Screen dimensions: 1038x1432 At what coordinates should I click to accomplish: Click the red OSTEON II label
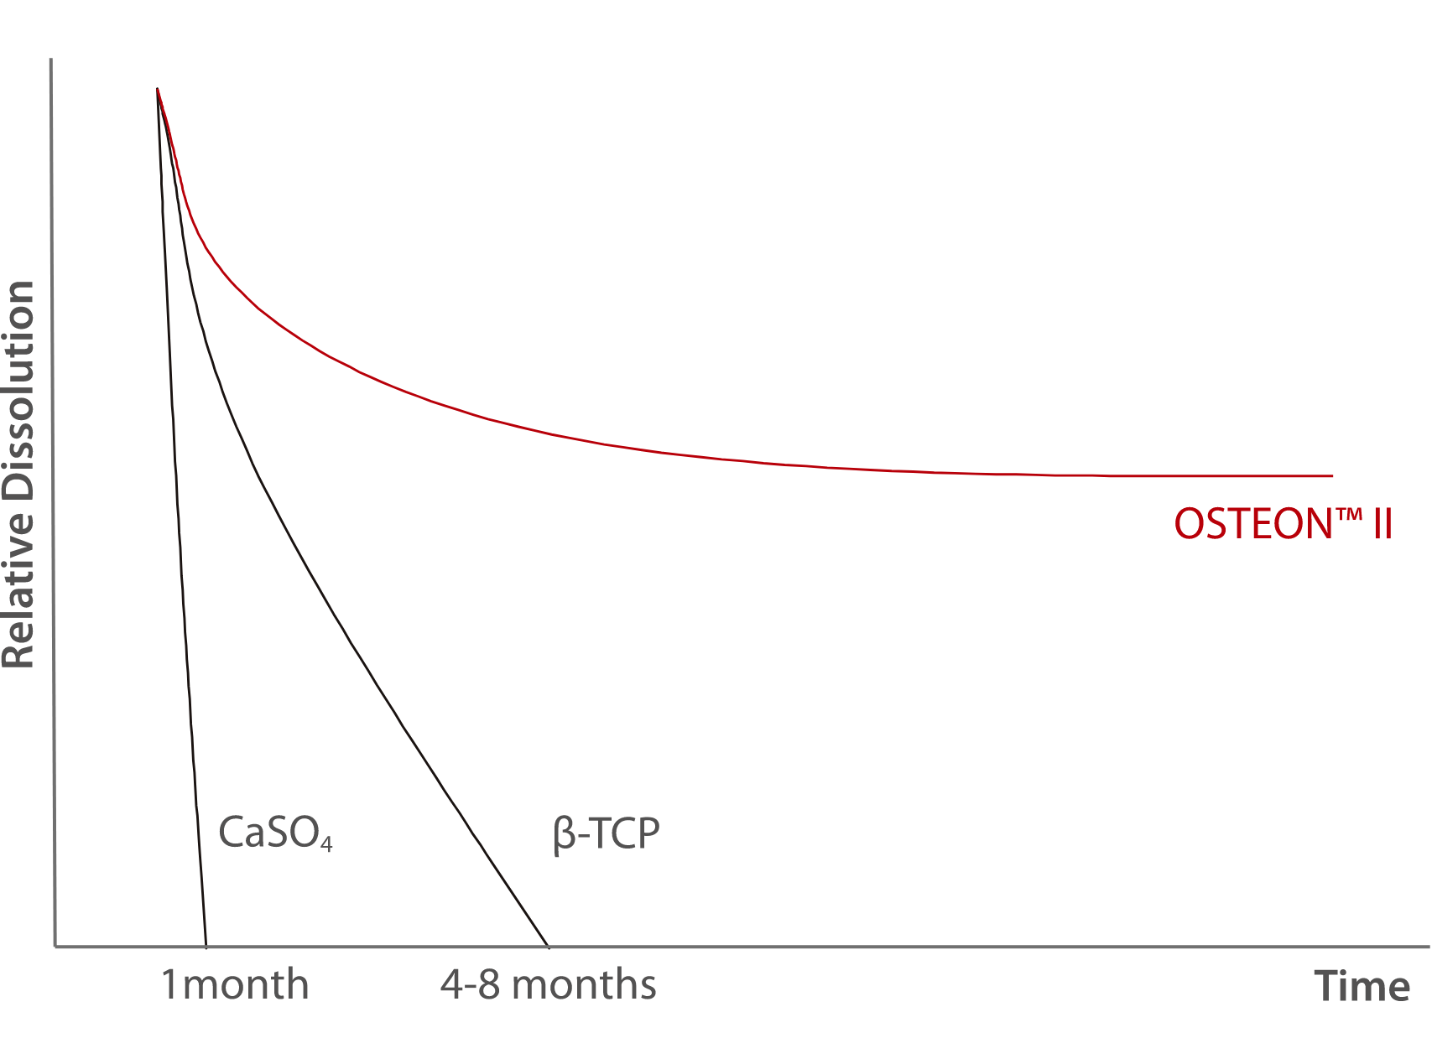[x=1282, y=525]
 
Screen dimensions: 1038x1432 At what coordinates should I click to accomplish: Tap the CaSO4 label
[x=275, y=833]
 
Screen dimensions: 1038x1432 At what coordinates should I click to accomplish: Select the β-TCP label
[x=607, y=833]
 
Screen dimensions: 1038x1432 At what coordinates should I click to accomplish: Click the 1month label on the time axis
[x=235, y=984]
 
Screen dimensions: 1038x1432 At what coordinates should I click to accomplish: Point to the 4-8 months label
[x=548, y=984]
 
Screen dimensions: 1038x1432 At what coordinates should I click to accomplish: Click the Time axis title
[x=1362, y=986]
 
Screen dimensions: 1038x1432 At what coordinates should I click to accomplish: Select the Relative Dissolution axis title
[x=18, y=475]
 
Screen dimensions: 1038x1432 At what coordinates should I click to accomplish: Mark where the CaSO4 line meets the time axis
[x=206, y=947]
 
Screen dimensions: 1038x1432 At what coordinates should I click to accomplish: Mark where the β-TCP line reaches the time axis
[x=547, y=947]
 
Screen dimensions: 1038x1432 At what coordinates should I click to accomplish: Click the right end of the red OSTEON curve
[x=1332, y=476]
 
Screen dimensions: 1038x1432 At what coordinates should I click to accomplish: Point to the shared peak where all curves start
[x=157, y=89]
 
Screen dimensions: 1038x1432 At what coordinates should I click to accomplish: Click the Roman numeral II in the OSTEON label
[x=1383, y=525]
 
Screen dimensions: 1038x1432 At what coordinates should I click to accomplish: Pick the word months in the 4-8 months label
[x=584, y=984]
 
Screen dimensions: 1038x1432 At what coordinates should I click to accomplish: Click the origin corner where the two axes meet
[x=55, y=947]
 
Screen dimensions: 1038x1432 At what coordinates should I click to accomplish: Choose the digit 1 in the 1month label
[x=169, y=984]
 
